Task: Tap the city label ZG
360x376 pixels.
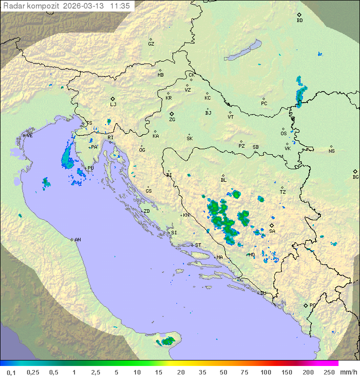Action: [x=172, y=120]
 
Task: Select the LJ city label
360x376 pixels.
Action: [x=113, y=104]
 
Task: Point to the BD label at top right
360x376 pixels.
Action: [x=299, y=20]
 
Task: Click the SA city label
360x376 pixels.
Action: [x=272, y=231]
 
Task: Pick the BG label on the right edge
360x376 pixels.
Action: [x=355, y=177]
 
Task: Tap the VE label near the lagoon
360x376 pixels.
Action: [x=29, y=136]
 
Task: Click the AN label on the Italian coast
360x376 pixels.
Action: [x=77, y=240]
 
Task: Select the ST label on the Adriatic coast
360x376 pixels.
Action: [x=197, y=245]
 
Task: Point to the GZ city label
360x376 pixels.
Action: [x=151, y=44]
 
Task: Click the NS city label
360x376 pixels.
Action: [x=331, y=151]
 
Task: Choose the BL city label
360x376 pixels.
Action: [x=223, y=180]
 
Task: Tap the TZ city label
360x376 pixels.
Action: [x=282, y=192]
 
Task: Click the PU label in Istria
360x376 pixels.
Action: [x=90, y=168]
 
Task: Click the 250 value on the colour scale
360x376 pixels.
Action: [x=328, y=371]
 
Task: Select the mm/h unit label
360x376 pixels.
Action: [x=347, y=371]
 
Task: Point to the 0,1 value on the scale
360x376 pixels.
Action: [x=11, y=371]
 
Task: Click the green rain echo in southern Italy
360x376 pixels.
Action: [x=167, y=341]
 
